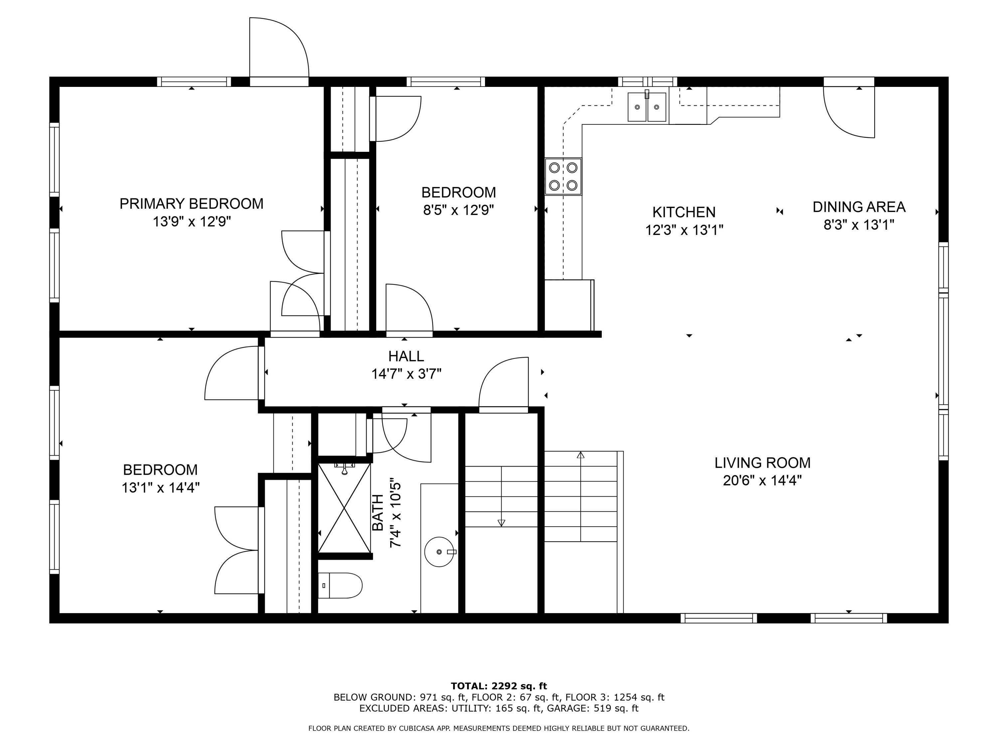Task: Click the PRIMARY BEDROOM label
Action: tap(191, 204)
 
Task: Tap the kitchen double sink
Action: tap(646, 107)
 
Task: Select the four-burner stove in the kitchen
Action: tap(563, 176)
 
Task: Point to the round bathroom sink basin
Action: tap(439, 552)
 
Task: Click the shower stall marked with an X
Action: tap(344, 508)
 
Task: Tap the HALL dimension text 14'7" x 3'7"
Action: tap(406, 374)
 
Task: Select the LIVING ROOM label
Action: tap(762, 463)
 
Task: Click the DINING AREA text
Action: tap(859, 207)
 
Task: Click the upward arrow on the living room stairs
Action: tap(581, 455)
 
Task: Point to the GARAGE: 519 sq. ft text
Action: tap(592, 708)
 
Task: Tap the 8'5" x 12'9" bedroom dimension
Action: tap(458, 210)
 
